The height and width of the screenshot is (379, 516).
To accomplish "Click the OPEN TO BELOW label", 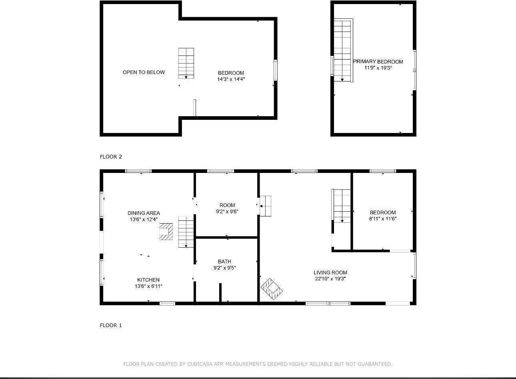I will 144,72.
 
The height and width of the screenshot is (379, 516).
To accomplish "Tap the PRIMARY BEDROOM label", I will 378,62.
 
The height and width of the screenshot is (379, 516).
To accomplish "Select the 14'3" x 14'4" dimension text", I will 231,79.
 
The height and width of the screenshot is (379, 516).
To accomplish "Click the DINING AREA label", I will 144,213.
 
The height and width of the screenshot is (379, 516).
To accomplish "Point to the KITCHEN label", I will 148,280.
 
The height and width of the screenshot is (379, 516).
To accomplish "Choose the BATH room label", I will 224,262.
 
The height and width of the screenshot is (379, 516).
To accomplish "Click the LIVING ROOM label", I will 330,272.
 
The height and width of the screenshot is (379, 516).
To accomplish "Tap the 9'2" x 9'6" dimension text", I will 227,212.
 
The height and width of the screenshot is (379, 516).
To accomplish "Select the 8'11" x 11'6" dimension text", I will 382,219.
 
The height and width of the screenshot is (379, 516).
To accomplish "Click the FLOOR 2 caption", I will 111,157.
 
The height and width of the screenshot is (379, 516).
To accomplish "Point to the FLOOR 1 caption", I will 111,325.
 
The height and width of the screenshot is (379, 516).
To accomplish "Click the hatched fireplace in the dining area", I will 166,232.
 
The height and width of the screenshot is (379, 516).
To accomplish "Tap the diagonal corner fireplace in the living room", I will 272,289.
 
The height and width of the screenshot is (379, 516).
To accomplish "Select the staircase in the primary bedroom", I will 343,50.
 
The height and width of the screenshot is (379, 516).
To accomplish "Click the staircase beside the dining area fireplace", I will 186,232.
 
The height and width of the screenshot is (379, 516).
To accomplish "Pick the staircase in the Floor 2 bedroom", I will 186,63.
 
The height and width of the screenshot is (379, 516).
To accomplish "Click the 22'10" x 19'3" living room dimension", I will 330,279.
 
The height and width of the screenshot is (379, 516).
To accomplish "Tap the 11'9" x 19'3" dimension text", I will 378,68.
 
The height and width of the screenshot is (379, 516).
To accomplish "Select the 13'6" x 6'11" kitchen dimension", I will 148,286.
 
